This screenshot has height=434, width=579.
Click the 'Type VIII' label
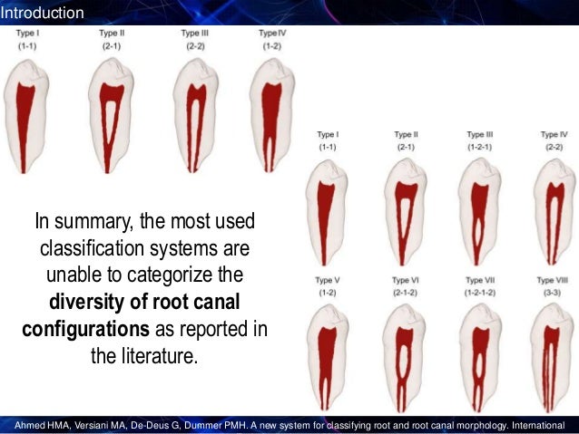(552, 281)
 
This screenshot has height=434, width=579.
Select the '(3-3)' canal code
(552, 294)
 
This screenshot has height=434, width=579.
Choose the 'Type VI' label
(405, 281)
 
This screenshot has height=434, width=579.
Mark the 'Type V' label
(328, 281)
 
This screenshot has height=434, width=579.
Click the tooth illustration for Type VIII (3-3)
(552, 358)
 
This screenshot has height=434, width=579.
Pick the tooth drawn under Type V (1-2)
(328, 358)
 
